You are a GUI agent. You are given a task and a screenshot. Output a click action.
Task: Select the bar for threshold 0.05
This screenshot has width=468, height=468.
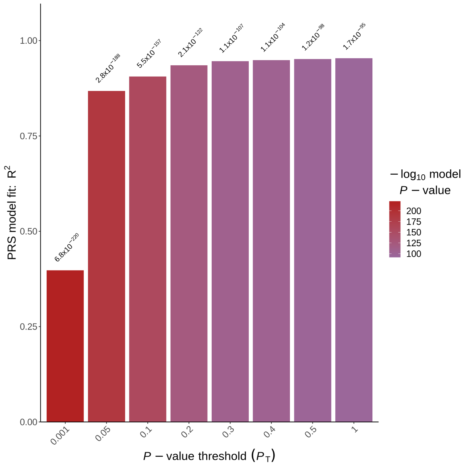106,256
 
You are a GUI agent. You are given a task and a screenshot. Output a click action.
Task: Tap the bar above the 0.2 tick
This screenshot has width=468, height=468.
189,243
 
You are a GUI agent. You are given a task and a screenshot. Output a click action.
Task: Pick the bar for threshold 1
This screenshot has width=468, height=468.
354,240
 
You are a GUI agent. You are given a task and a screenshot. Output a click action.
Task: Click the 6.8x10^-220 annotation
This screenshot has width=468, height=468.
67,248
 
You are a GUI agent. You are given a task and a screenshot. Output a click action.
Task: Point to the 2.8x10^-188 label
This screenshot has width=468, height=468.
108,69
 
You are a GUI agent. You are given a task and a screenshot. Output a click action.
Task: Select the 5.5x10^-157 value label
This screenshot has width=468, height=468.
149,54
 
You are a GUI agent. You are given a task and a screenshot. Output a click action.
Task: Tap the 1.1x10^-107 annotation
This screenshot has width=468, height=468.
231,39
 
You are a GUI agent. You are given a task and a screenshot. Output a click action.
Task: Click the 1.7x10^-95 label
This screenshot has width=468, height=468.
354,37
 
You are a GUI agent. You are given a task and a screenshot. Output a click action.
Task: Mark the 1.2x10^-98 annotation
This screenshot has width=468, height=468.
313,37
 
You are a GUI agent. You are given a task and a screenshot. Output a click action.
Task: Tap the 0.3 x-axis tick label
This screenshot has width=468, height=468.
228,433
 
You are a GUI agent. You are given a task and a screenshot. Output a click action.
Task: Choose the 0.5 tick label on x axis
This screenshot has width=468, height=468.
310,433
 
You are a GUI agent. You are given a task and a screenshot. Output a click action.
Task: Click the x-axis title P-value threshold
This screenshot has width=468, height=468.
209,456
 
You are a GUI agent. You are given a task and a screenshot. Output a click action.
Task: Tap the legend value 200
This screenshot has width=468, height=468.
414,211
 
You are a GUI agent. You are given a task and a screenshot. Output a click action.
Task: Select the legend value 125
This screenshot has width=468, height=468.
414,243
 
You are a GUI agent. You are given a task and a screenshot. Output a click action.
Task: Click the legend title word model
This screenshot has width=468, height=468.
445,174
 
